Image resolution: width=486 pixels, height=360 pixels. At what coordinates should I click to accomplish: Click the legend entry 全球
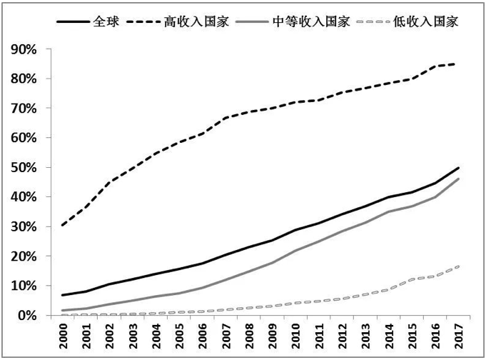point(106,21)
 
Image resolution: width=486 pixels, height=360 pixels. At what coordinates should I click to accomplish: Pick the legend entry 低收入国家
point(428,21)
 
